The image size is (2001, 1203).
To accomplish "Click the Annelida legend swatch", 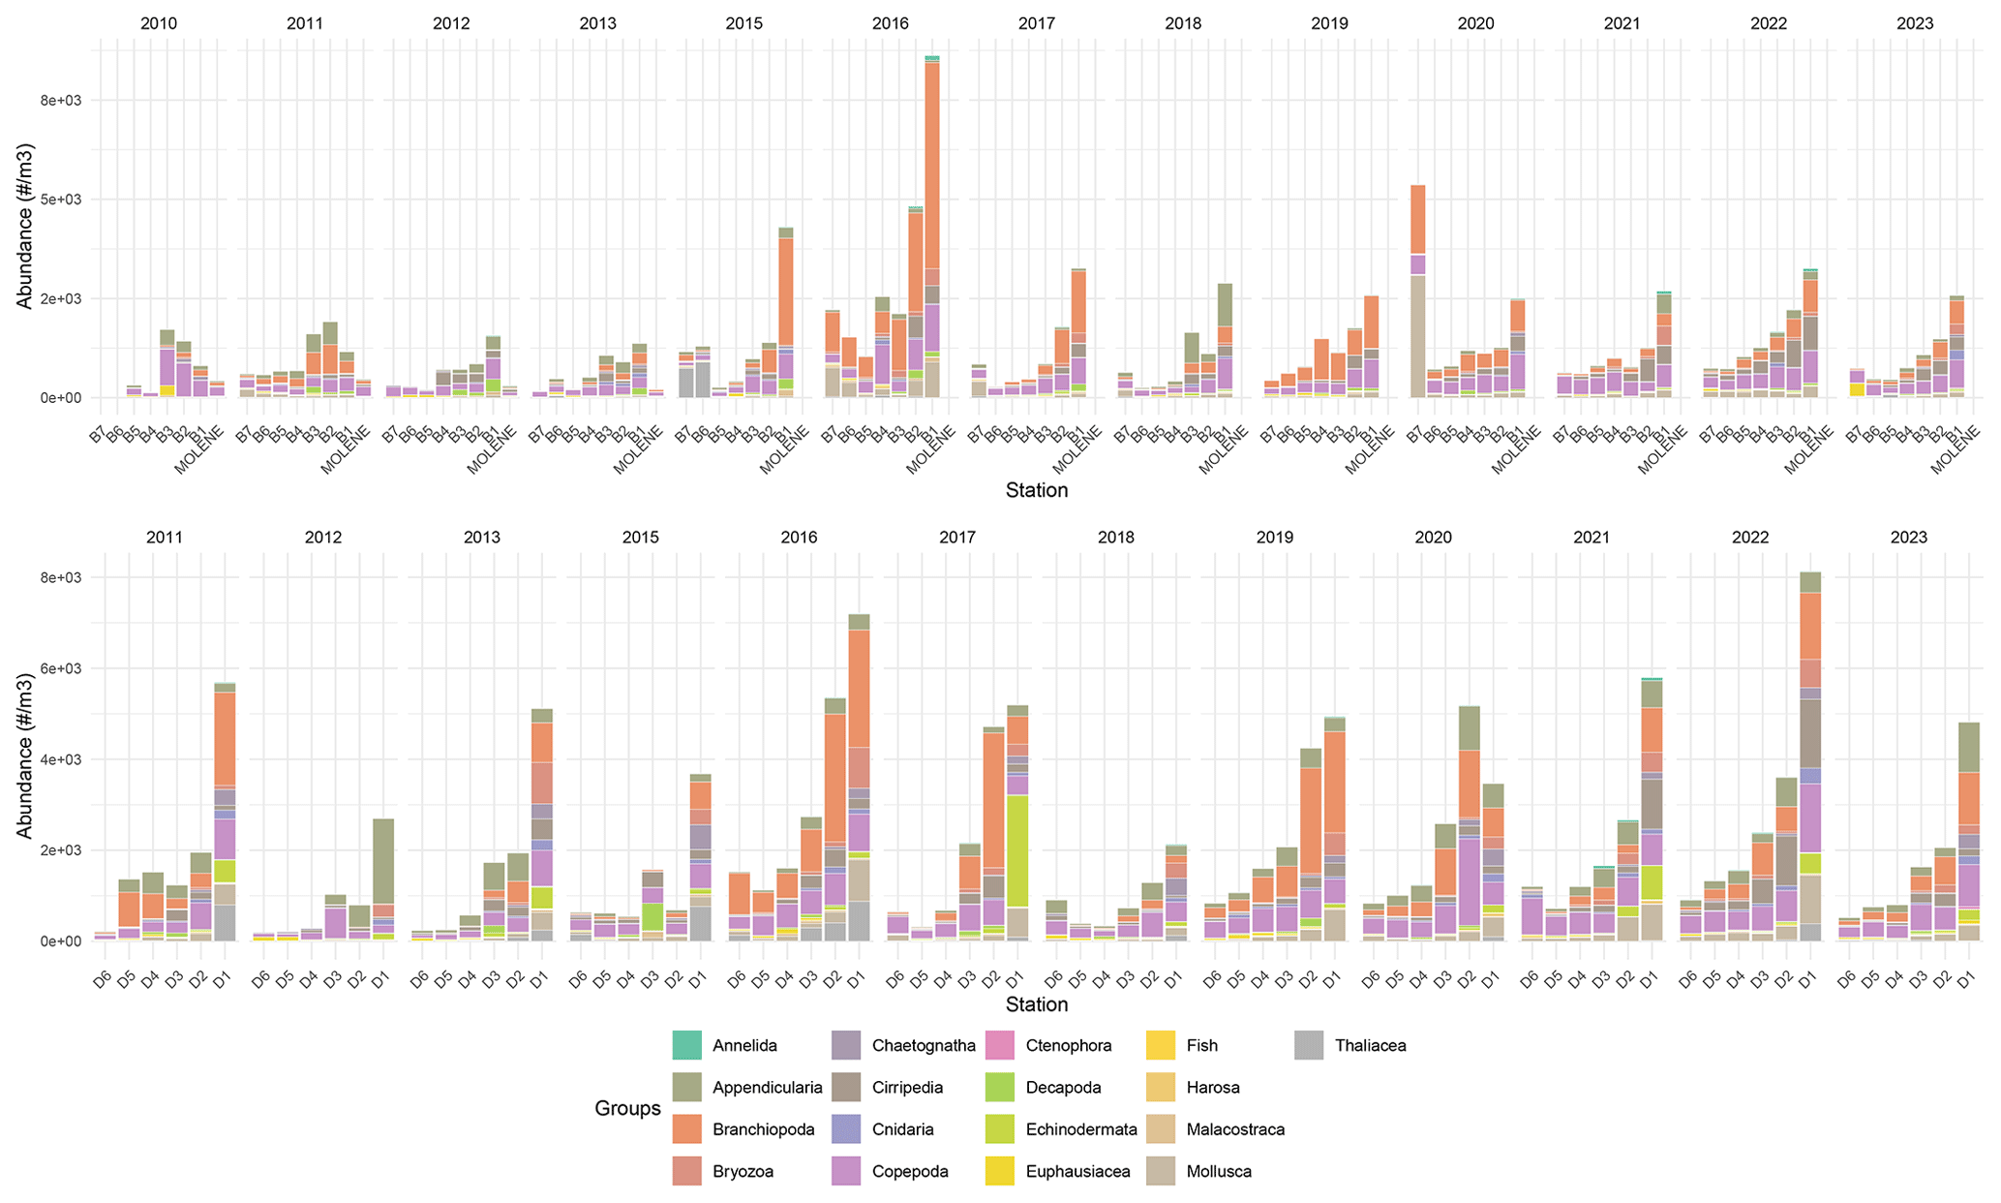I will pos(686,1045).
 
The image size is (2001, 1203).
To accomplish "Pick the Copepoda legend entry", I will pos(910,1171).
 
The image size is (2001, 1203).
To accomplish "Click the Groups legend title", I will pos(627,1109).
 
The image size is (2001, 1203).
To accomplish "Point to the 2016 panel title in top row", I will pos(891,23).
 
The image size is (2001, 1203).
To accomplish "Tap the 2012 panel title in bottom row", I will pos(322,537).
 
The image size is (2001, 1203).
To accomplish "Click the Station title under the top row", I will pos(1036,490).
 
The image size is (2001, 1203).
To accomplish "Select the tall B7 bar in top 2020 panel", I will pos(1417,291).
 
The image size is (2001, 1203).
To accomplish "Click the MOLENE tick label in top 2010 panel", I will pos(201,448).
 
